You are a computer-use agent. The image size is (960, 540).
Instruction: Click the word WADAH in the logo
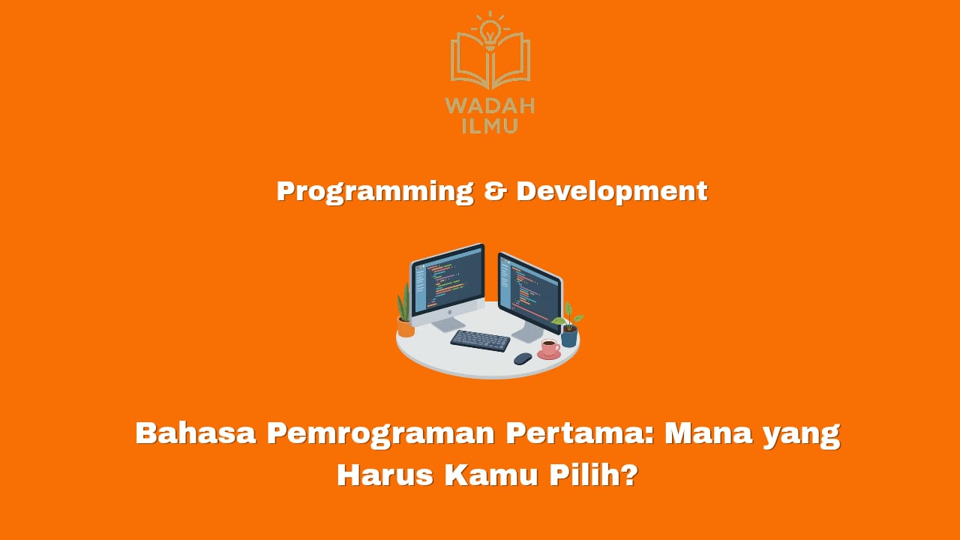pyautogui.click(x=490, y=106)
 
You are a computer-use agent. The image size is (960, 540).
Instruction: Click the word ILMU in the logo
pyautogui.click(x=490, y=124)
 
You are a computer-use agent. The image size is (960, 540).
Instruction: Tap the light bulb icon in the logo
pyautogui.click(x=490, y=31)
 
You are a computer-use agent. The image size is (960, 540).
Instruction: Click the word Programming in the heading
pyautogui.click(x=374, y=191)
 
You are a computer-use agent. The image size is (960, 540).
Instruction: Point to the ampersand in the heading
pyautogui.click(x=495, y=191)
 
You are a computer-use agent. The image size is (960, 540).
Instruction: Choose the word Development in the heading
pyautogui.click(x=611, y=191)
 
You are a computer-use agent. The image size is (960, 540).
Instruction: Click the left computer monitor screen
pyautogui.click(x=448, y=279)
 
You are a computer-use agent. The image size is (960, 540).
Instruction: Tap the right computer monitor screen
pyautogui.click(x=529, y=288)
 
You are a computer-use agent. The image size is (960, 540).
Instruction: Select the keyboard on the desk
pyautogui.click(x=481, y=340)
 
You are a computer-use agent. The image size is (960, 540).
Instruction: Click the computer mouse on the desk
pyautogui.click(x=523, y=358)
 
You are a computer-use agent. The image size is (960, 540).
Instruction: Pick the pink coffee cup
pyautogui.click(x=549, y=348)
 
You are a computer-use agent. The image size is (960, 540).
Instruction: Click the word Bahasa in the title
pyautogui.click(x=195, y=433)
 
